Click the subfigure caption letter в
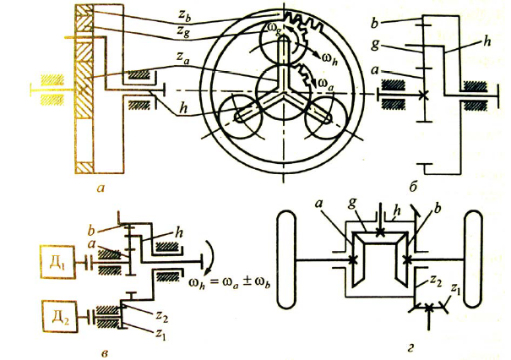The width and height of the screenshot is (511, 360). click(103, 341)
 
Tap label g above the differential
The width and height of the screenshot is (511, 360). click(361, 207)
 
